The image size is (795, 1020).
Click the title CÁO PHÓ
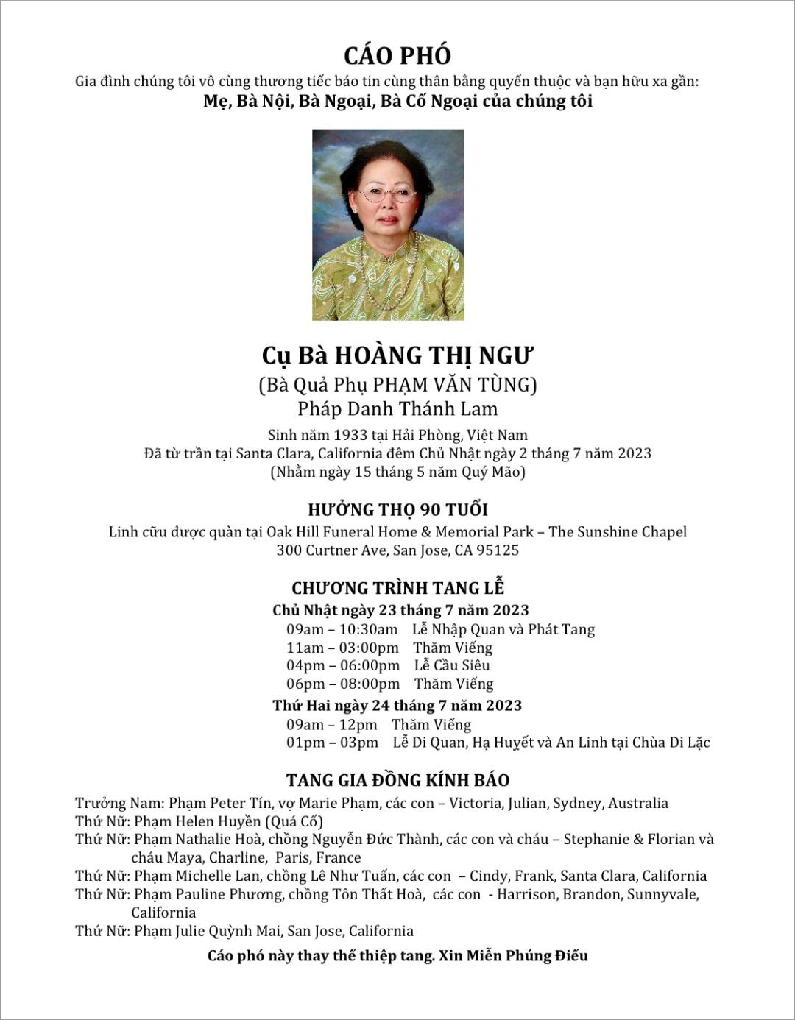[397, 56]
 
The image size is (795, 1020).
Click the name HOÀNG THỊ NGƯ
[434, 356]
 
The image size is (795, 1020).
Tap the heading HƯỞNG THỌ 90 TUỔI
[397, 509]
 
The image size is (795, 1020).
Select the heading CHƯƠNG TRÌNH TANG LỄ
[397, 588]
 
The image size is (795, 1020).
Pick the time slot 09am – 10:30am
[342, 629]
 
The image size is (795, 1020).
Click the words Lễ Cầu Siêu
[452, 665]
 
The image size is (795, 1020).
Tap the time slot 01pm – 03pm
[333, 743]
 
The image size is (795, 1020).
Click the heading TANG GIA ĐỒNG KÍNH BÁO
[397, 780]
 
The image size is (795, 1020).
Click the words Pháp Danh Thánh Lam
[397, 409]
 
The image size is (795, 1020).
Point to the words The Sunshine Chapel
[618, 532]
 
